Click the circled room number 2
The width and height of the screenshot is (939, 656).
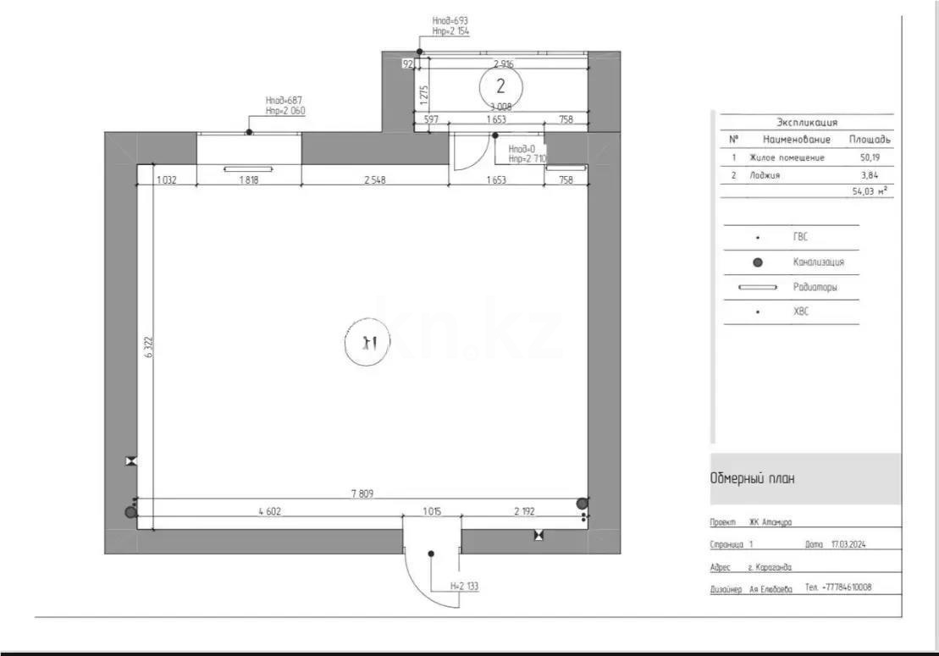point(500,86)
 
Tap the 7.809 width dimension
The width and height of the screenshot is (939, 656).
point(362,493)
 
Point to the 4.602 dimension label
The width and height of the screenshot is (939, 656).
point(270,512)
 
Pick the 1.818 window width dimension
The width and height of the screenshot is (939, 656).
point(249,180)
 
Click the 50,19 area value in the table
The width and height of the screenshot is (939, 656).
point(870,157)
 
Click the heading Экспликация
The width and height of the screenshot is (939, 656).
point(807,122)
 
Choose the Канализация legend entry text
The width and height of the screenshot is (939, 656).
point(818,262)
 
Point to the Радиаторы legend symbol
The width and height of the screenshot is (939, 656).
point(758,287)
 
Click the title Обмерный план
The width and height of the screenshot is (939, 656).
point(752,479)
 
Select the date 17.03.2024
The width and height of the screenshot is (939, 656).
point(848,544)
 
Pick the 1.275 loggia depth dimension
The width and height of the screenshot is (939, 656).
point(423,95)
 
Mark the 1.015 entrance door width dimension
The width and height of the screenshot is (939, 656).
point(432,512)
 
